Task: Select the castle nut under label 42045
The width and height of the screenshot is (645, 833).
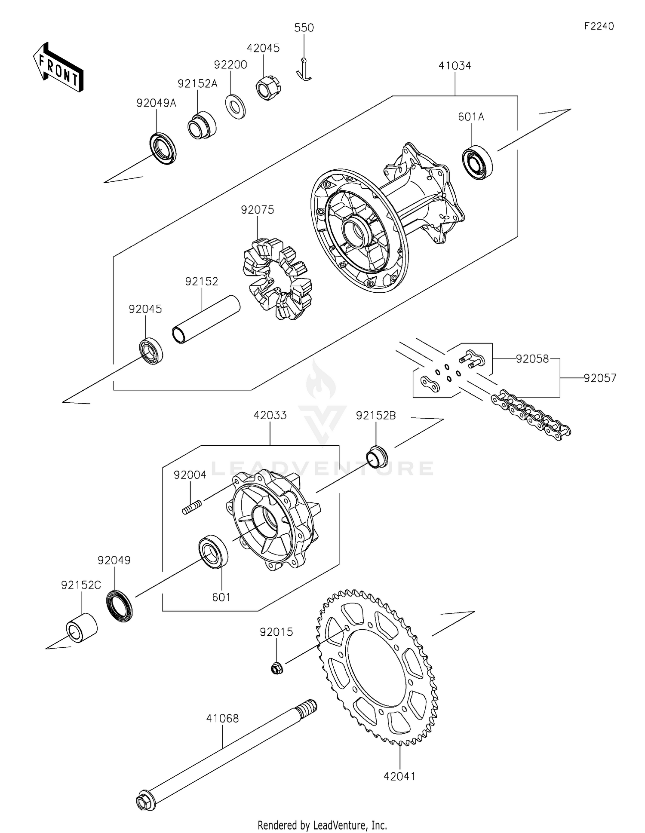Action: click(268, 88)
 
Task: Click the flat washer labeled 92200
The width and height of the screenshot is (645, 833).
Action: click(236, 107)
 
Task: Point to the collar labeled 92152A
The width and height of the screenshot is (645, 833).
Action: click(202, 125)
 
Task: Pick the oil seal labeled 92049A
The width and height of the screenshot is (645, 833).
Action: click(163, 148)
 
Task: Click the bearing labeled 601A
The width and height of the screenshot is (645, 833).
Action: click(477, 162)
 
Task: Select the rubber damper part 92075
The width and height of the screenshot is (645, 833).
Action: click(277, 279)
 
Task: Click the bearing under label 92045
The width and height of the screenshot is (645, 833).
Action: click(151, 351)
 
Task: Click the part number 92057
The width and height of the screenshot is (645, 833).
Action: click(600, 378)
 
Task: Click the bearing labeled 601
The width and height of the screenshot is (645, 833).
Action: click(213, 552)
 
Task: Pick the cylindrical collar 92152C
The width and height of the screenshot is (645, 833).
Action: click(82, 628)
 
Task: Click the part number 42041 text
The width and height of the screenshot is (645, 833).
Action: click(399, 776)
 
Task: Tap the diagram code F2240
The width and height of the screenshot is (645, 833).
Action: click(599, 26)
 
